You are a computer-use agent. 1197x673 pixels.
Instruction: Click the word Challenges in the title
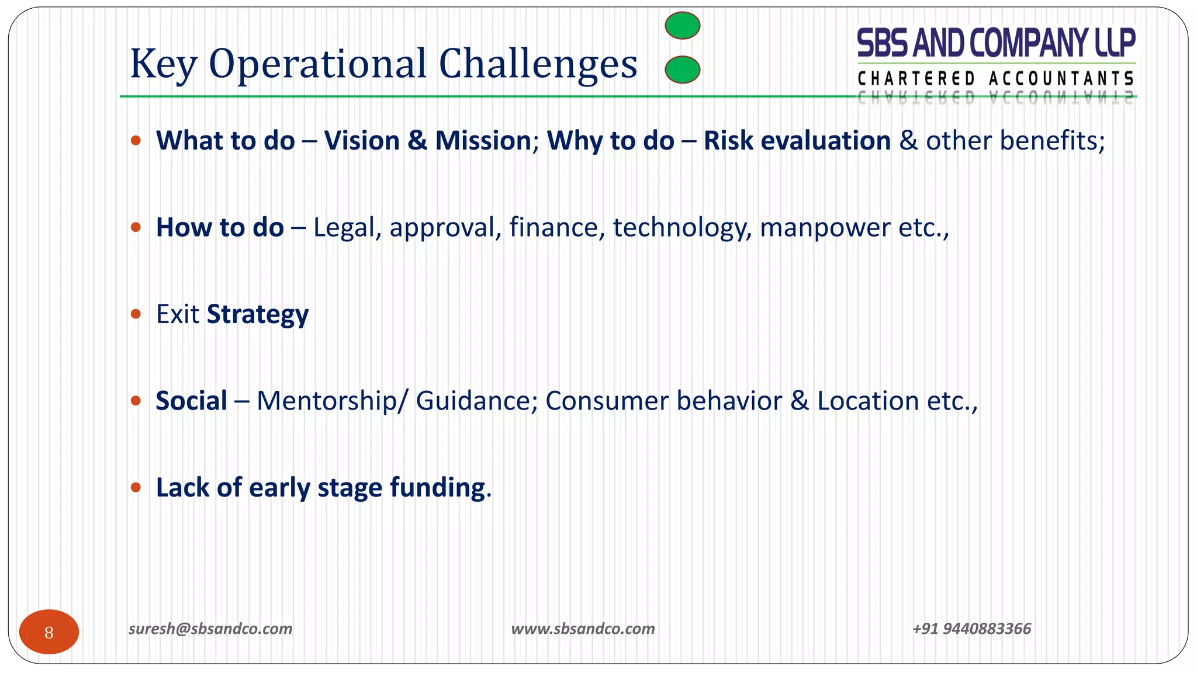pos(537,64)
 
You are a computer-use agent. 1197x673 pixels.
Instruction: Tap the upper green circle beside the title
pos(682,26)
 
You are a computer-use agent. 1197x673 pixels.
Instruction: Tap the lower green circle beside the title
pos(682,70)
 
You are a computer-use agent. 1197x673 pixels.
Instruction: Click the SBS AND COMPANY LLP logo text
pos(996,43)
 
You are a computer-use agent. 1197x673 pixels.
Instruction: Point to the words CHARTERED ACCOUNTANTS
pos(996,78)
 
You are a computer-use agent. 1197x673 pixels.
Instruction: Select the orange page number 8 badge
pos(49,632)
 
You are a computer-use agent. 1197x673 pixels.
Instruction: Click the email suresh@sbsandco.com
pos(210,629)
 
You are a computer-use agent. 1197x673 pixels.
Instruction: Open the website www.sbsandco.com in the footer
pos(583,629)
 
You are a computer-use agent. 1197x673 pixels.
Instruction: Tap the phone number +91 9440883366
pos(971,629)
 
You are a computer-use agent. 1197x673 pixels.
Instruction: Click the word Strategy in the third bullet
pos(257,315)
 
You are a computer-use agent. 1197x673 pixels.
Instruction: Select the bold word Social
pos(191,401)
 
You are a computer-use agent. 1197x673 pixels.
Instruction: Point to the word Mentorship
pos(326,401)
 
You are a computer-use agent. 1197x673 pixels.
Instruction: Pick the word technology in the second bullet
pos(681,228)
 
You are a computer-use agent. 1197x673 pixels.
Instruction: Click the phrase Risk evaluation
pos(797,141)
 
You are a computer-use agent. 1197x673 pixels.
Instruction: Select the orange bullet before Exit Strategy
pos(136,314)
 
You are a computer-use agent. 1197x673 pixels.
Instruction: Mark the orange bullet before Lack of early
pos(136,487)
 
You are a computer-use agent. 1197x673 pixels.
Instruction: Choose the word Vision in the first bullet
pos(362,141)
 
